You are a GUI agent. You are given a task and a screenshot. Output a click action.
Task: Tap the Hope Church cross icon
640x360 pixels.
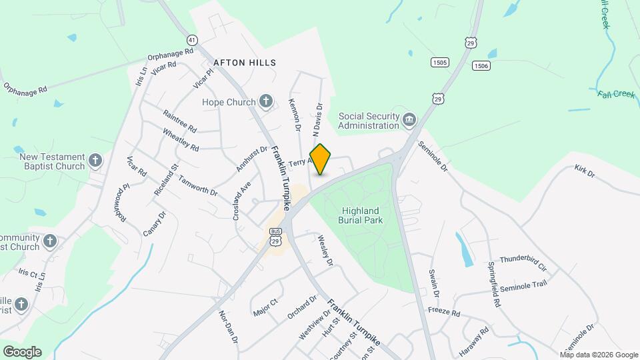pyautogui.click(x=266, y=102)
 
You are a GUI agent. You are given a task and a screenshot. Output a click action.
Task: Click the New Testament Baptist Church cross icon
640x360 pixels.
pyautogui.click(x=95, y=161)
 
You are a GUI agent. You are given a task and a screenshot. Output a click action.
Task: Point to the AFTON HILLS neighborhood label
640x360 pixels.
pyautogui.click(x=245, y=63)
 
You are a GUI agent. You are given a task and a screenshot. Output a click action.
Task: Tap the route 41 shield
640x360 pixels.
pyautogui.click(x=192, y=40)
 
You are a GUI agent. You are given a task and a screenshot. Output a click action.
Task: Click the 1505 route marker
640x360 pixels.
pyautogui.click(x=439, y=63)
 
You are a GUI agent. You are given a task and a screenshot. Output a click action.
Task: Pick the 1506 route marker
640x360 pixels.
pyautogui.click(x=481, y=65)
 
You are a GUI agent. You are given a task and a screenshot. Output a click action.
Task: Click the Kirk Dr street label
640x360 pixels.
pyautogui.click(x=584, y=171)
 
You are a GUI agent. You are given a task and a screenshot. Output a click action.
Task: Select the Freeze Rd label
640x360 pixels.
pyautogui.click(x=444, y=312)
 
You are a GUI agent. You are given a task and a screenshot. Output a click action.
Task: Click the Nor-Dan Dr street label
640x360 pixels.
pyautogui.click(x=228, y=327)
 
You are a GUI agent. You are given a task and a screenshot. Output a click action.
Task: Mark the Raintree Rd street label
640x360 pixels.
pyautogui.click(x=179, y=121)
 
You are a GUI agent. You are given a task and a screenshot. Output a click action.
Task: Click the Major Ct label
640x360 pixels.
pyautogui.click(x=265, y=308)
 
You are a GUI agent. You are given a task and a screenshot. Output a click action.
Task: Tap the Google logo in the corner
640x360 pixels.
pyautogui.click(x=22, y=351)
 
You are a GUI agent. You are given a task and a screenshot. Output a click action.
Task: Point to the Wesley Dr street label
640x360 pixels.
pyautogui.click(x=325, y=250)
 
